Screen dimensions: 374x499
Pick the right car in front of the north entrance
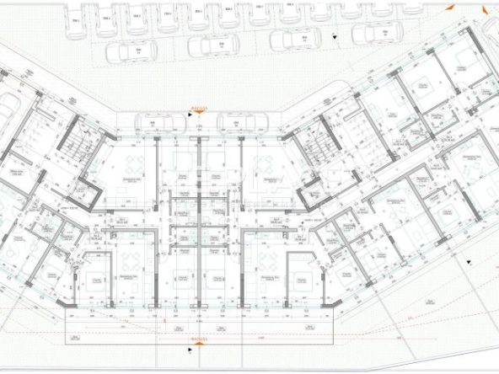239,123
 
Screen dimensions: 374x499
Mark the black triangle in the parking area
336,38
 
